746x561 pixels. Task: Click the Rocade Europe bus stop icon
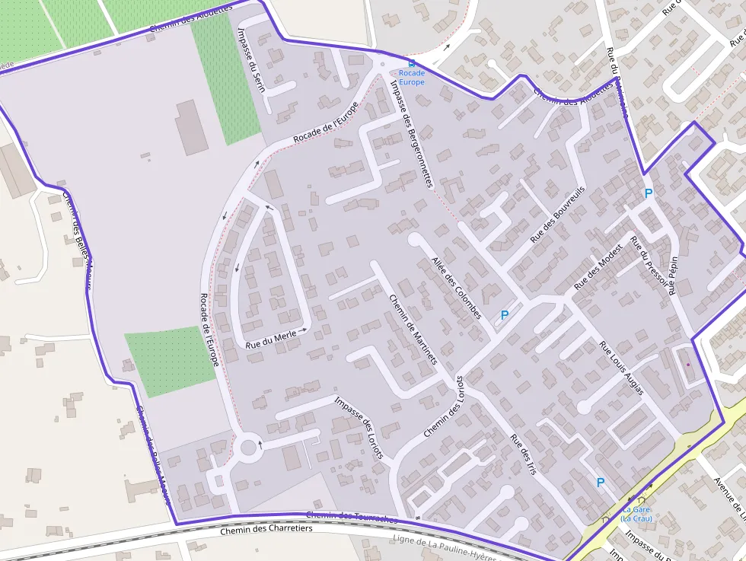[x=412, y=64]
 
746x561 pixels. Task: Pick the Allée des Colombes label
[x=457, y=288]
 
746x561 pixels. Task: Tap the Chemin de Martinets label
[x=413, y=330]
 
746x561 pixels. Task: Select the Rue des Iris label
[x=524, y=454]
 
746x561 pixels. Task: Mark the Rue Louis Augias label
[x=621, y=368]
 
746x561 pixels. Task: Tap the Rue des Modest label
[x=598, y=267]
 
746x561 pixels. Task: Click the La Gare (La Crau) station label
[x=636, y=514]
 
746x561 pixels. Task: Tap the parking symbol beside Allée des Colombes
[x=504, y=314]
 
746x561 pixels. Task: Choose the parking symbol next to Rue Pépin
[x=649, y=193]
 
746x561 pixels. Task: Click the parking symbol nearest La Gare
[x=601, y=482]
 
